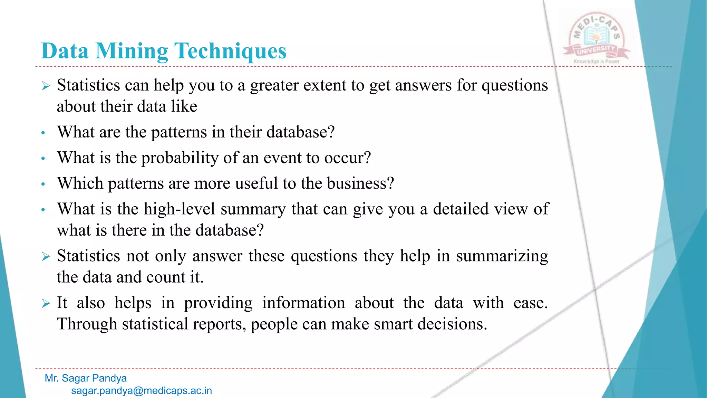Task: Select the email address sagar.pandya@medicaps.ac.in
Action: pyautogui.click(x=142, y=391)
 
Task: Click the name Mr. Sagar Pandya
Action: pyautogui.click(x=86, y=378)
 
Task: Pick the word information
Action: pyautogui.click(x=303, y=303)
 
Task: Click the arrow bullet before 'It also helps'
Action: pyautogui.click(x=46, y=303)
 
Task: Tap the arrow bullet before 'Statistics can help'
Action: pyautogui.click(x=46, y=86)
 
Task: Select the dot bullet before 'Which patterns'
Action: pyautogui.click(x=43, y=184)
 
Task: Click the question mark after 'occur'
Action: pyautogui.click(x=367, y=158)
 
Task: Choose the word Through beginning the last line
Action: pyautogui.click(x=87, y=324)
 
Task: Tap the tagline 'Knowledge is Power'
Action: pyautogui.click(x=596, y=61)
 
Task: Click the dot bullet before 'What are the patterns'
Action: pyautogui.click(x=43, y=133)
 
